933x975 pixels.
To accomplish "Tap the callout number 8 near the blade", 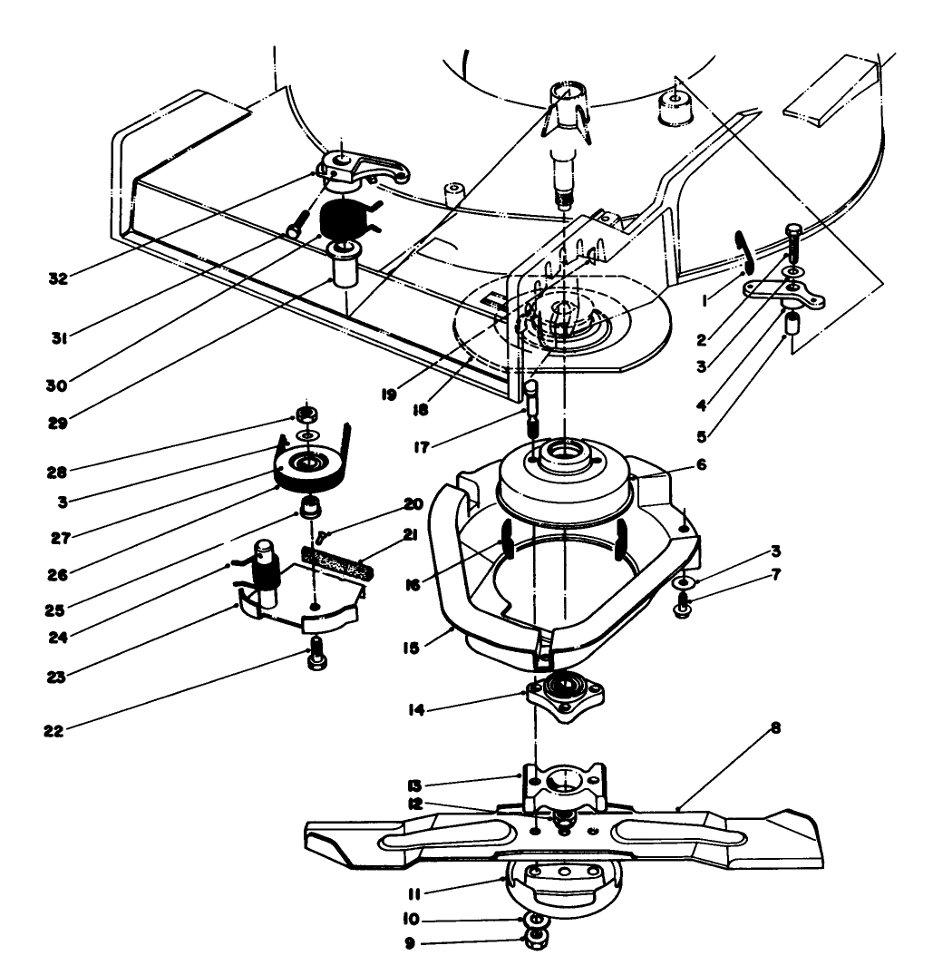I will tap(750, 728).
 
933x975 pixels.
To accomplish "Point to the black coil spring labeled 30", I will tap(345, 223).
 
